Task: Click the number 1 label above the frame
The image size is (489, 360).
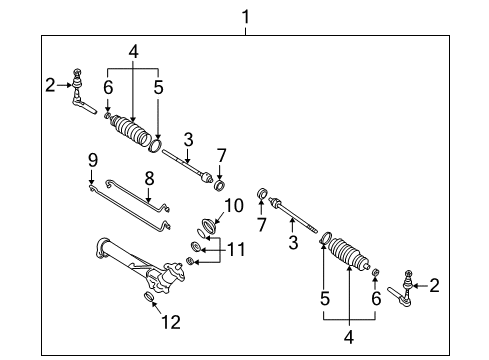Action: (245, 16)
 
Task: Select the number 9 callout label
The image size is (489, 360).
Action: (91, 160)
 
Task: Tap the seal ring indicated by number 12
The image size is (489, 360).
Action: (149, 298)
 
